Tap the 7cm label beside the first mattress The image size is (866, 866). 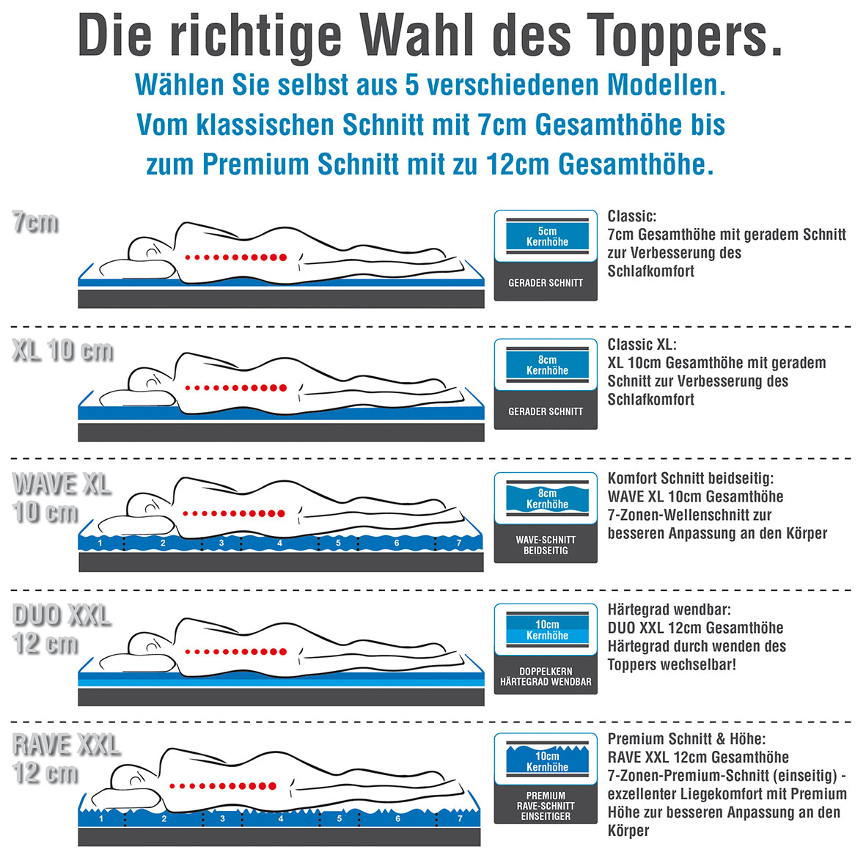pos(35,221)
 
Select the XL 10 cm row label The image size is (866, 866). pos(62,351)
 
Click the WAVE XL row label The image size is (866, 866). pos(61,484)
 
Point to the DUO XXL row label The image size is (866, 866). pos(61,615)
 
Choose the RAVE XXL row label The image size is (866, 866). pos(65,745)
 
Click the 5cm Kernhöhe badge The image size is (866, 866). pos(547,236)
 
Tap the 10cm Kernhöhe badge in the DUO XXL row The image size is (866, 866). pos(547,630)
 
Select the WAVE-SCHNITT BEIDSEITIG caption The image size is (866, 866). pos(546,545)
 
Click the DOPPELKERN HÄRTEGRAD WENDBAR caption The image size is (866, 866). pos(546,676)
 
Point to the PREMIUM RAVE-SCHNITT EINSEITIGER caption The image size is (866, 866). pos(546,805)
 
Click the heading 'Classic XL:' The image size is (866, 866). pos(642,345)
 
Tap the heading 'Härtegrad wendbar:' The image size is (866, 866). pos(669,609)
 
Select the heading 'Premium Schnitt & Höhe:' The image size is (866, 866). pos(686,739)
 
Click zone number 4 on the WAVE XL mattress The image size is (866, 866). pos(280,543)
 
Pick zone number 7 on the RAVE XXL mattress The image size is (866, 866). pos(460,818)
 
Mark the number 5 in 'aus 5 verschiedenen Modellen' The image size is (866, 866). pos(411,85)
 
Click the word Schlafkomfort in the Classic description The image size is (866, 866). pos(650,271)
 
